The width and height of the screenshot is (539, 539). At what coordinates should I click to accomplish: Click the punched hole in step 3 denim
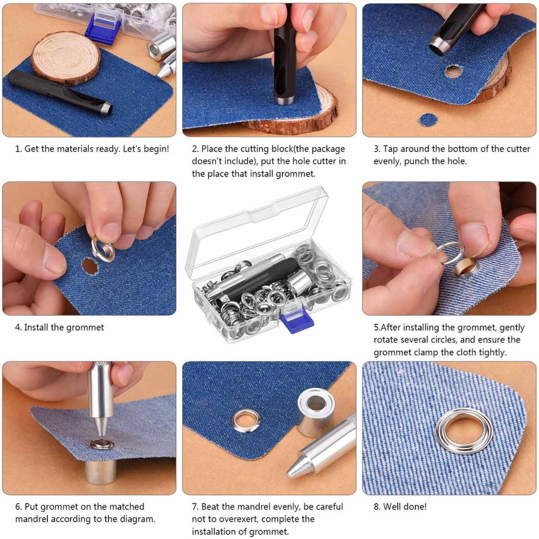coord(453,71)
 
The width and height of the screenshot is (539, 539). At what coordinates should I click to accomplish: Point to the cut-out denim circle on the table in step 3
coord(428,120)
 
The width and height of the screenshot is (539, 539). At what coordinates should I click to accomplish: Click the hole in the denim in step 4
coord(89,266)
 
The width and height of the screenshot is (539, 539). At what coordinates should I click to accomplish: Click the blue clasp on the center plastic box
coord(297,321)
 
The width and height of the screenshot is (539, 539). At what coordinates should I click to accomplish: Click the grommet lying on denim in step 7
coord(246,420)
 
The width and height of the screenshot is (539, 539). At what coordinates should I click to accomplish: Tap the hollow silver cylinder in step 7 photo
coord(315,412)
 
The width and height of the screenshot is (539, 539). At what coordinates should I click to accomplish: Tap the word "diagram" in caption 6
coord(138,519)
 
